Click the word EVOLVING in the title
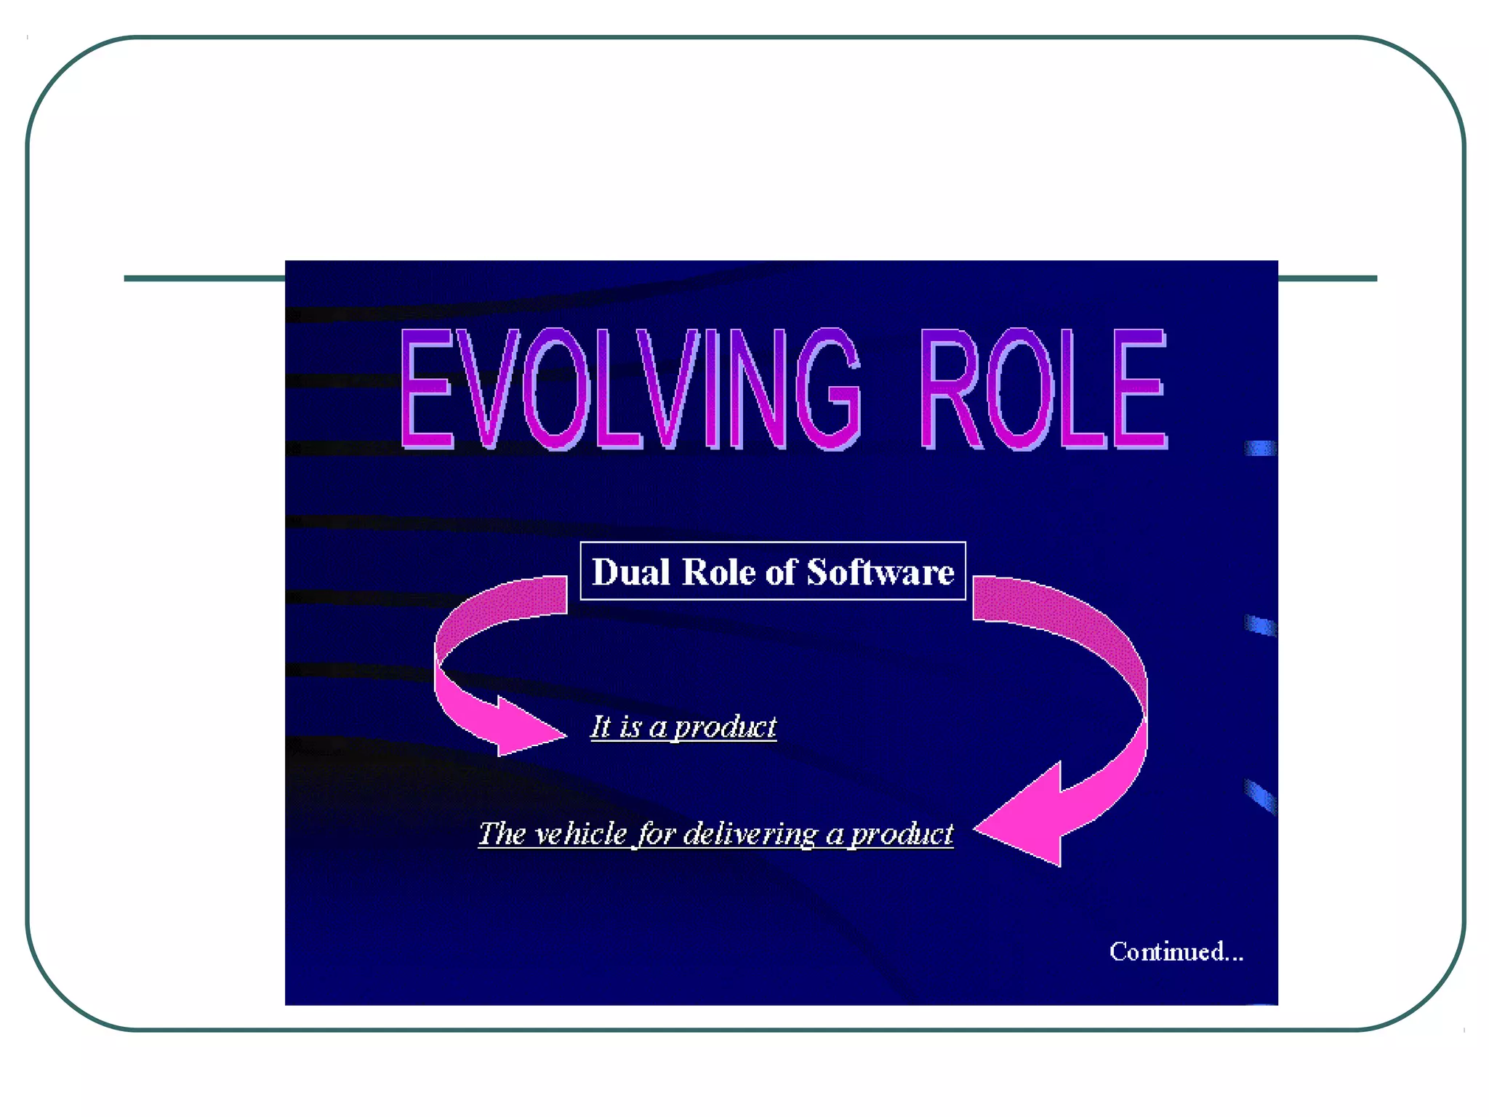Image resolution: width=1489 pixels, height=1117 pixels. click(x=630, y=388)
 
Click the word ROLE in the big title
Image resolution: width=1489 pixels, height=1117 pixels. click(x=1043, y=388)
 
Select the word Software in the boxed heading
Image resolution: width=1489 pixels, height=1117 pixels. click(x=880, y=572)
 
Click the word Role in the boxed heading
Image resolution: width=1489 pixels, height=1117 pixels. click(x=719, y=572)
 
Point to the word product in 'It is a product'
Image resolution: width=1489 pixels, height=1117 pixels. click(x=725, y=727)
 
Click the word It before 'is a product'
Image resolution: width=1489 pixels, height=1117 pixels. click(x=601, y=726)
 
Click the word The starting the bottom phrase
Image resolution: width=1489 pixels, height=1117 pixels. click(x=501, y=833)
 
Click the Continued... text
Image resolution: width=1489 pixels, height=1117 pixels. click(x=1176, y=951)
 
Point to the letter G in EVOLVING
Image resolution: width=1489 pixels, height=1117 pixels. click(x=828, y=388)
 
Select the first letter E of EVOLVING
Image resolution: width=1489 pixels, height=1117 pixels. click(x=428, y=388)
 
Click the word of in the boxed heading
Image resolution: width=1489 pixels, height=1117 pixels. click(x=782, y=572)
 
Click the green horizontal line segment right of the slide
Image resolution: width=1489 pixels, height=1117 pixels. click(x=1327, y=279)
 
